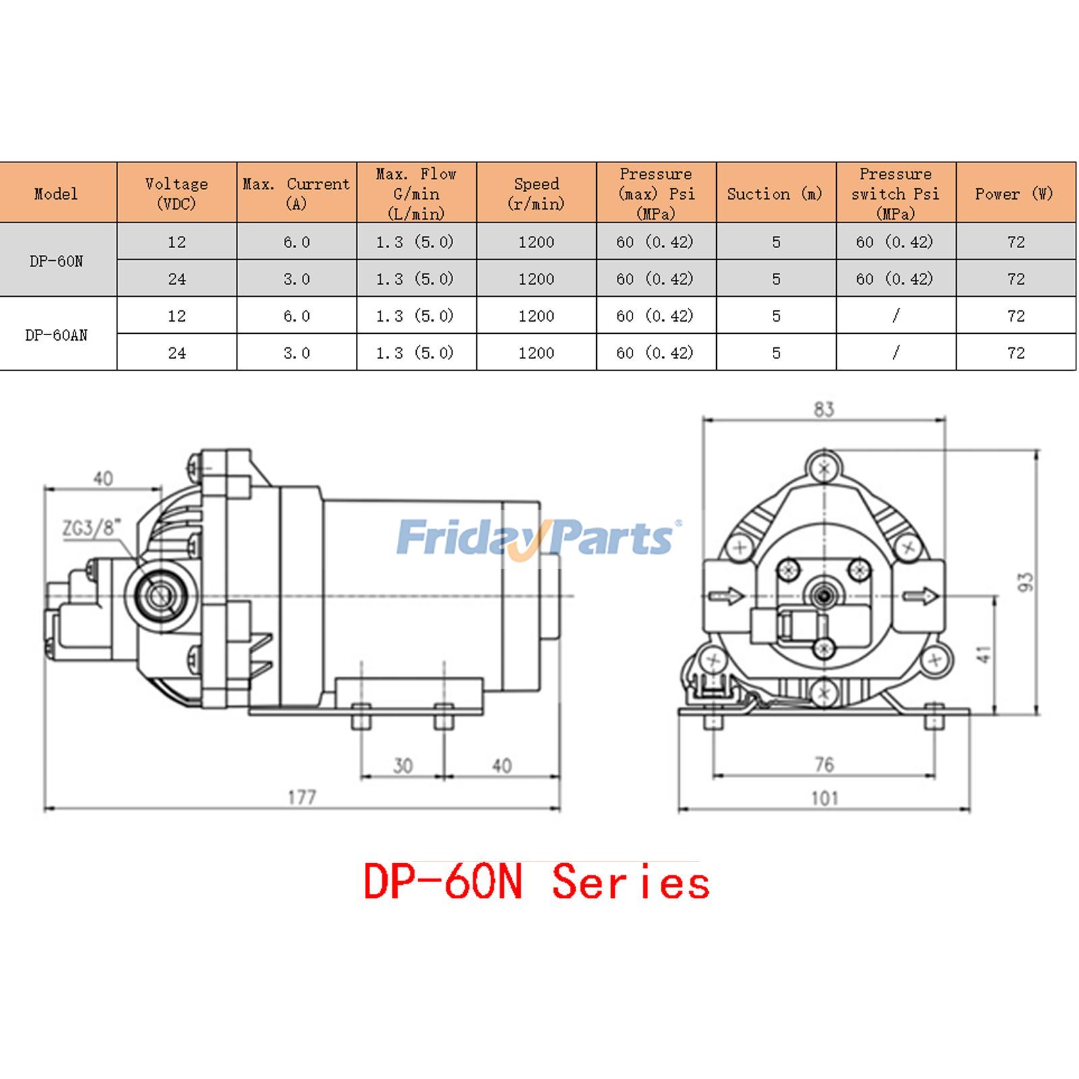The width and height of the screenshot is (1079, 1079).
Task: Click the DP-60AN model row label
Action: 57,335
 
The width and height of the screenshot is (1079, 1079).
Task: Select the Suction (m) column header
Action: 775,194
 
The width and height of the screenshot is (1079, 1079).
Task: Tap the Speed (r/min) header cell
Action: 536,194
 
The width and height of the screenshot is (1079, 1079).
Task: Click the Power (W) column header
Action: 1014,194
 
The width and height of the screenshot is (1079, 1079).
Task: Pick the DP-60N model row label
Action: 57,261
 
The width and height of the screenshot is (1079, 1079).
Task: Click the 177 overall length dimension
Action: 301,797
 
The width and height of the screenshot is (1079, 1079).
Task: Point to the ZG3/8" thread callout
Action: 92,528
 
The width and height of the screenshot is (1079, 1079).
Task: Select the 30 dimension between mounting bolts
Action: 403,766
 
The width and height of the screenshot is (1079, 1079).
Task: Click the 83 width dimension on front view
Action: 823,409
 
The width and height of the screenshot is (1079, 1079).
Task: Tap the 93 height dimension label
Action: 1025,581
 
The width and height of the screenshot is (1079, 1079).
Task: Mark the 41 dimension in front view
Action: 984,654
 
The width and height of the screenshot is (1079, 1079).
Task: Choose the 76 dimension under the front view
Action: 824,765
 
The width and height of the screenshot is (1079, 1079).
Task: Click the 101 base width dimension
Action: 824,798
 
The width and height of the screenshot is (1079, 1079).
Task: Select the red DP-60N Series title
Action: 536,882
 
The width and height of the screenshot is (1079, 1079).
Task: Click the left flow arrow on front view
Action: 726,595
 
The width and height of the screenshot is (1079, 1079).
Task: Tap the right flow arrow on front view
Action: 921,595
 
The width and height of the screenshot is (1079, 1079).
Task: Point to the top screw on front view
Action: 824,468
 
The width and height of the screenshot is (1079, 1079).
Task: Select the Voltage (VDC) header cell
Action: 176,194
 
